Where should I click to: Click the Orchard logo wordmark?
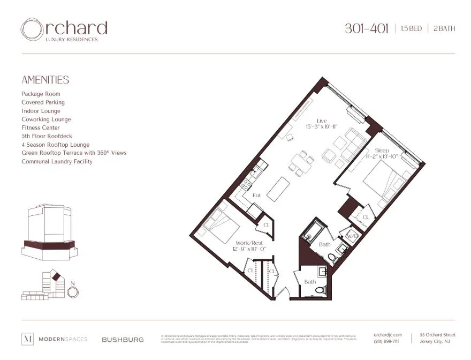tap(64, 29)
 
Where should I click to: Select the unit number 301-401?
tap(367, 28)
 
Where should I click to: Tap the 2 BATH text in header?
tap(444, 29)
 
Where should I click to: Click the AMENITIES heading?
tap(45, 80)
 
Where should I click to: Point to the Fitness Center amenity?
tap(41, 127)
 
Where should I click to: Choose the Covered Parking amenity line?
tap(43, 102)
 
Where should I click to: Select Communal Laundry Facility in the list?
tap(57, 161)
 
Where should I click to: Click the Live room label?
tap(321, 121)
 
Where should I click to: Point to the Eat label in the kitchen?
tap(256, 196)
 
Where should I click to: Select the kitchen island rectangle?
tap(278, 189)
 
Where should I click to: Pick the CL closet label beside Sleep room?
tap(366, 217)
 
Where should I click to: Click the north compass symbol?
tap(73, 292)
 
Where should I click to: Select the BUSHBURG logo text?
tap(123, 340)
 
